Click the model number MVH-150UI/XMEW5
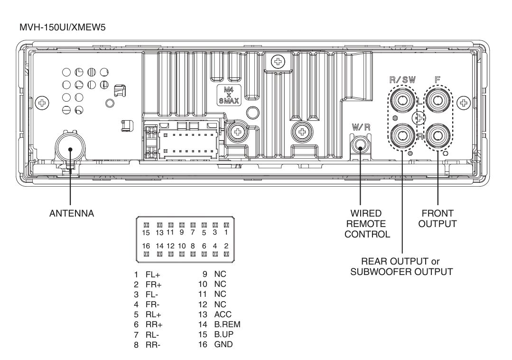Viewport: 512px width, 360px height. [62, 27]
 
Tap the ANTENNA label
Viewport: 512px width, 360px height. [72, 213]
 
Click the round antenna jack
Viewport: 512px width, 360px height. [70, 149]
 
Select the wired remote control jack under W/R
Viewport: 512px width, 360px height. [361, 149]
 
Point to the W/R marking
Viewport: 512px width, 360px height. [361, 127]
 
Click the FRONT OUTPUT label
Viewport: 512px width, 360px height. [438, 218]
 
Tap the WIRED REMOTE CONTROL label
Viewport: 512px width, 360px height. [367, 224]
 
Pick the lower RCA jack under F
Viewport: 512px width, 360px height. [438, 136]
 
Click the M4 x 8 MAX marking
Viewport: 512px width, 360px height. [229, 95]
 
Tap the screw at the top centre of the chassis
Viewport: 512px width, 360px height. [278, 61]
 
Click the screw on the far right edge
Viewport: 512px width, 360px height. [463, 103]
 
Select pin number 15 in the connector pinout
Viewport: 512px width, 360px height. [146, 233]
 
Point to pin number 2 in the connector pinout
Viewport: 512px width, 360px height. [226, 246]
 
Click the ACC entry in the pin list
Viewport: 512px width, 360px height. [223, 314]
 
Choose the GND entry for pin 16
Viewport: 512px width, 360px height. [223, 344]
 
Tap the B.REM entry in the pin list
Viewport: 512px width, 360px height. [227, 324]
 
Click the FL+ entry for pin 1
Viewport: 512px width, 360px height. [153, 275]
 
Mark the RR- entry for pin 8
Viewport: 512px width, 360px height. [153, 345]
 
